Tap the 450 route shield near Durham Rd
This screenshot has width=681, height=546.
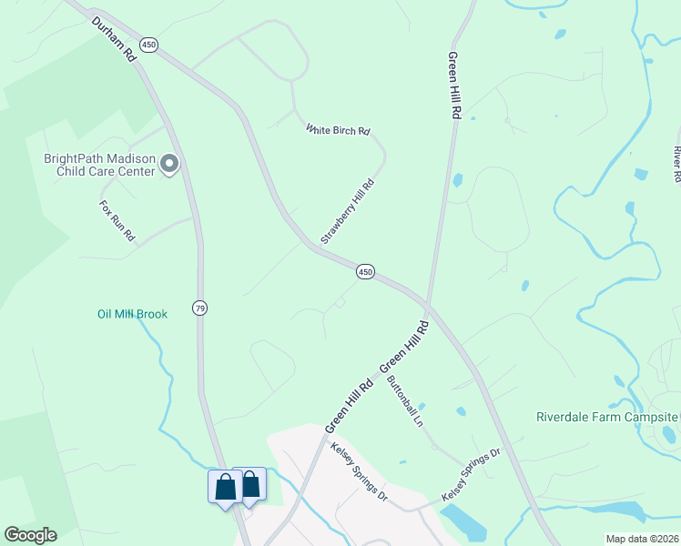[x=148, y=45]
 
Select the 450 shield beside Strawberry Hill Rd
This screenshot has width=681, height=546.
[x=365, y=271]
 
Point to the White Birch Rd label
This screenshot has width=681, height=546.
[x=338, y=130]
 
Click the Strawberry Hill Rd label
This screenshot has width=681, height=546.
[x=348, y=211]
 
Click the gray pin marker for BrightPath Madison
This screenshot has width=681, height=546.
[x=169, y=165]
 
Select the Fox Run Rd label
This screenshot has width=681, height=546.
[x=117, y=220]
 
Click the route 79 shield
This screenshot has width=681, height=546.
[x=199, y=308]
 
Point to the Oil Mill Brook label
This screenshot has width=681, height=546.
[x=133, y=314]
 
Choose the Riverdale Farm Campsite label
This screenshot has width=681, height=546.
[x=606, y=418]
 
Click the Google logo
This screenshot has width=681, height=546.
[x=30, y=535]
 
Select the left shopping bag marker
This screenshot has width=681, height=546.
[x=225, y=487]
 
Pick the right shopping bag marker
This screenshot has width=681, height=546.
[x=249, y=483]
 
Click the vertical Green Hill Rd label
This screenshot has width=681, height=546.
[x=454, y=86]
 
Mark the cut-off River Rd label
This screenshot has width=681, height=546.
[x=676, y=162]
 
